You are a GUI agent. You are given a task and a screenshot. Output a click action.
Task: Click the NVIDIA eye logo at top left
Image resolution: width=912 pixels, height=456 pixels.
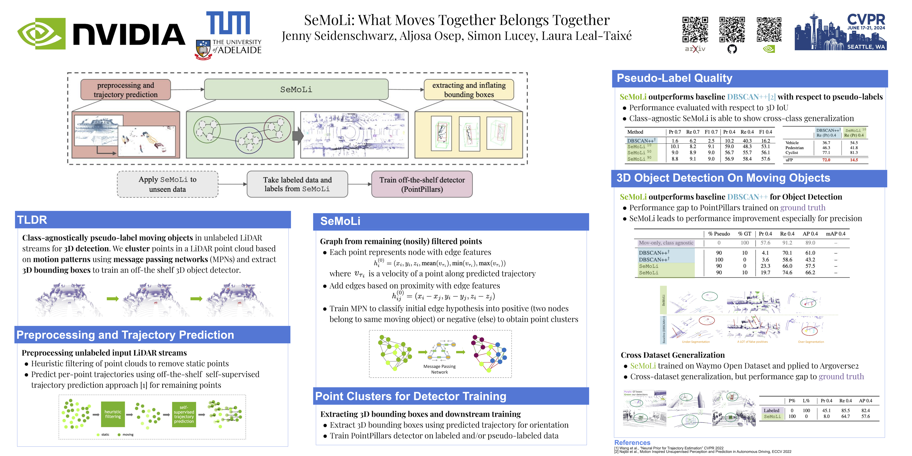point(42,34)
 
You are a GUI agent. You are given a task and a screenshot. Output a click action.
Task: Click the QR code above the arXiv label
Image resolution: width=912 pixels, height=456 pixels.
point(695,30)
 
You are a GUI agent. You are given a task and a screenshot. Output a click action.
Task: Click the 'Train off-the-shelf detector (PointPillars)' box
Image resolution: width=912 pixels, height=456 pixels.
point(422,185)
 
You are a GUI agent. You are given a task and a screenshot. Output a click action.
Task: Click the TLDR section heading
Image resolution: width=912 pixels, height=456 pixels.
point(32,220)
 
